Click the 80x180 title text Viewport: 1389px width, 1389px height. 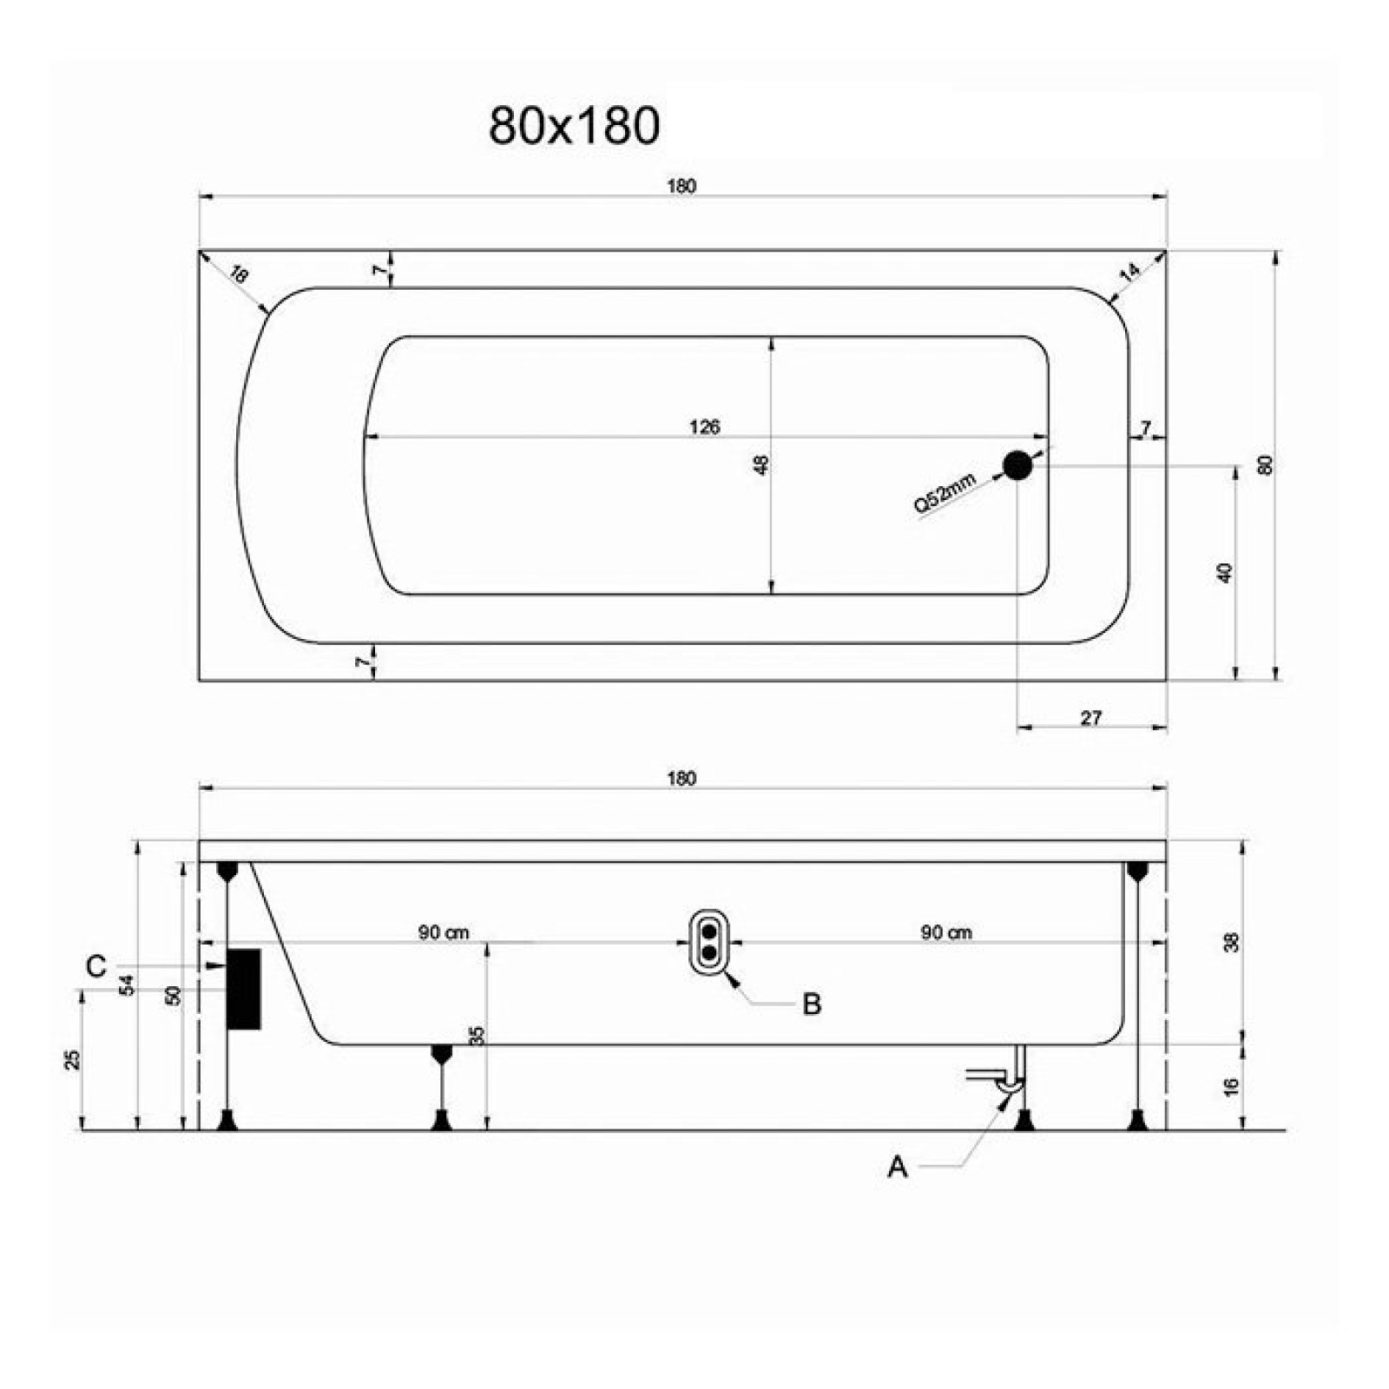pos(574,125)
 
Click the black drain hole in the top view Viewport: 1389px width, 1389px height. pos(1017,466)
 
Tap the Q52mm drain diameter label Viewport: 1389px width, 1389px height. pos(945,492)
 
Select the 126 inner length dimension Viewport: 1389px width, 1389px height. pos(704,426)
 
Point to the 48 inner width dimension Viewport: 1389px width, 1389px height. pos(761,465)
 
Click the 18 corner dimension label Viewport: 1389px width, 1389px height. pos(239,274)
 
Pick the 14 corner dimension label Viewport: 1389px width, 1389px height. pos(1129,272)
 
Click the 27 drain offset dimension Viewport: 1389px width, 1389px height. pos(1090,718)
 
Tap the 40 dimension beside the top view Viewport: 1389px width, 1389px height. pos(1225,573)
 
